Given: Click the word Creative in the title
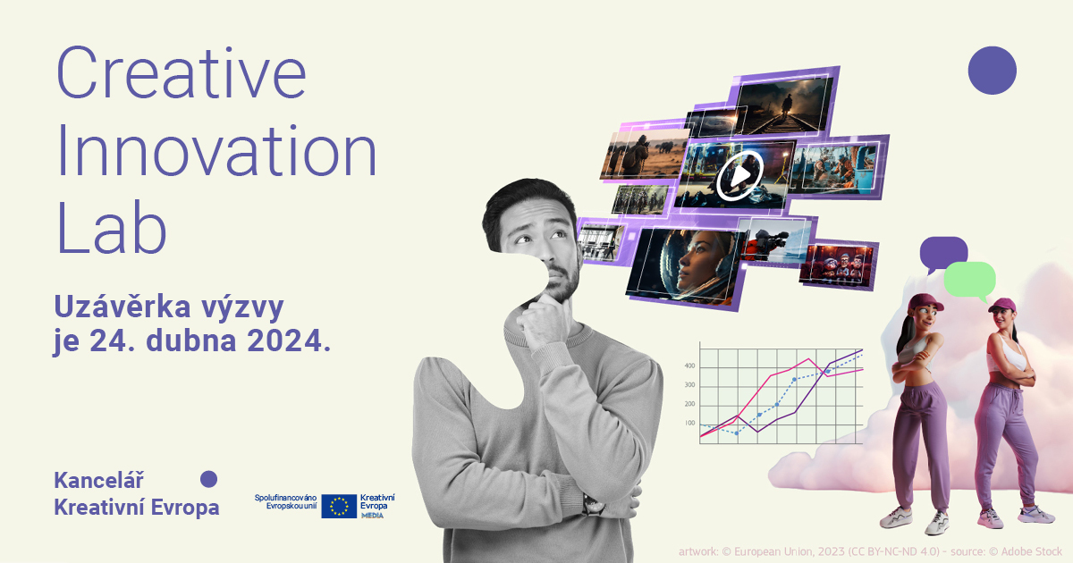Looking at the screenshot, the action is [x=181, y=72].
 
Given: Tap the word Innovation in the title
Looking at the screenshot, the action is [x=216, y=150].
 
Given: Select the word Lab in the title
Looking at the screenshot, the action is [x=111, y=228].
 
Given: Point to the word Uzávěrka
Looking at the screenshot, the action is [x=123, y=307].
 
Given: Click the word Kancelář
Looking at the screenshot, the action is [x=98, y=480].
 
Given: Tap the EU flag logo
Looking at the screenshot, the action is [x=339, y=506].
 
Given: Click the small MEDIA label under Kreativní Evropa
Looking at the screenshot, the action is [x=372, y=516].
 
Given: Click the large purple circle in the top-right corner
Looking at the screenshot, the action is [x=992, y=71].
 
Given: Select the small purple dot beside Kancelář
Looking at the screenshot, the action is [x=208, y=479].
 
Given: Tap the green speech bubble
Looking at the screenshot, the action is [x=970, y=281].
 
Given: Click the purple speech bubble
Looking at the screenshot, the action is [x=942, y=254].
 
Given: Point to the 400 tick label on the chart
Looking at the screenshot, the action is [x=689, y=366].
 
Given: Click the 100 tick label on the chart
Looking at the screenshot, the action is [x=689, y=423].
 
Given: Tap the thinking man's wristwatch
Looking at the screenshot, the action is [x=593, y=505].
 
